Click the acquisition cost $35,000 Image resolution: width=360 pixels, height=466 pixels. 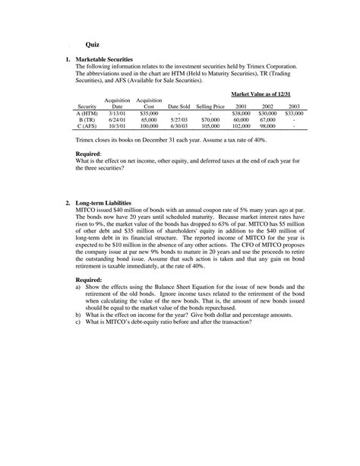[149, 113]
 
